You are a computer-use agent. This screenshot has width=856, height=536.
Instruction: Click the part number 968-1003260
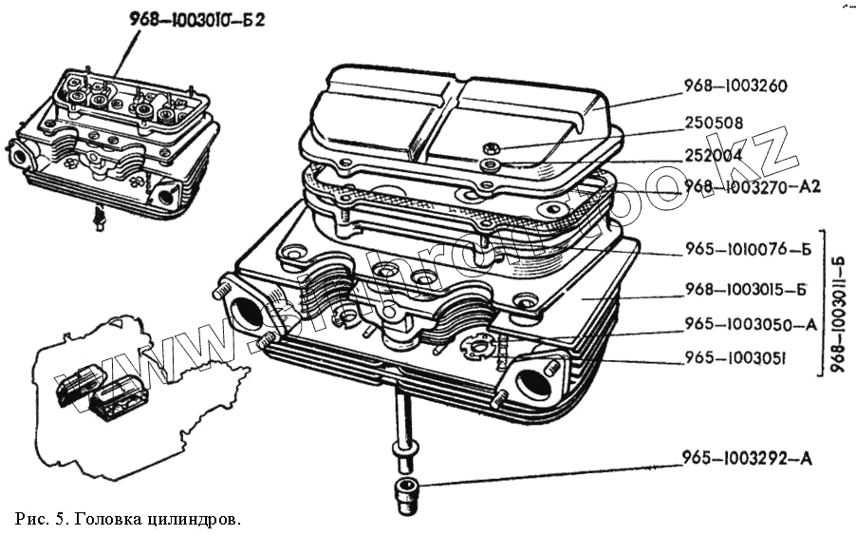pos(735,86)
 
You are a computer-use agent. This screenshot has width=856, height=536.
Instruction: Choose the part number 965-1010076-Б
pos(748,251)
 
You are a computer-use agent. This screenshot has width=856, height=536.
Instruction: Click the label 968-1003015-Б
pos(748,290)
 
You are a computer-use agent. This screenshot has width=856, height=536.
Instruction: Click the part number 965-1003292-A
pos(747,459)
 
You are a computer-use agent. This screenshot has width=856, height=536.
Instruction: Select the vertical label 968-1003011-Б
pos(841,303)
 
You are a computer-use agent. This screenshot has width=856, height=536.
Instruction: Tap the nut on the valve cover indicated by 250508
pos(489,148)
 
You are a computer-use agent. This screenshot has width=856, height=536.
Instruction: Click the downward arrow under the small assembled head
pos(97,221)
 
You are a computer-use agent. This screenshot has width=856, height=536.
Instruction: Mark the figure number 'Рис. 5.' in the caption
pos(41,519)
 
